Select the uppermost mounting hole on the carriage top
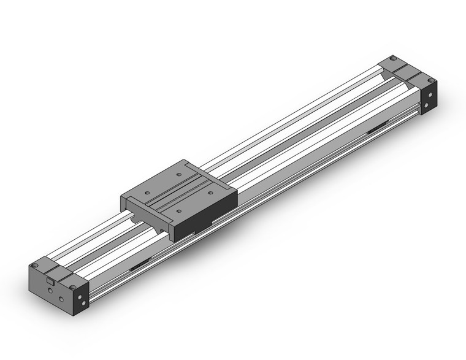point(178,175)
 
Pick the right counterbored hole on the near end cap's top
point(74,285)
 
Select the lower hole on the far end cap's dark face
point(432,98)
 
